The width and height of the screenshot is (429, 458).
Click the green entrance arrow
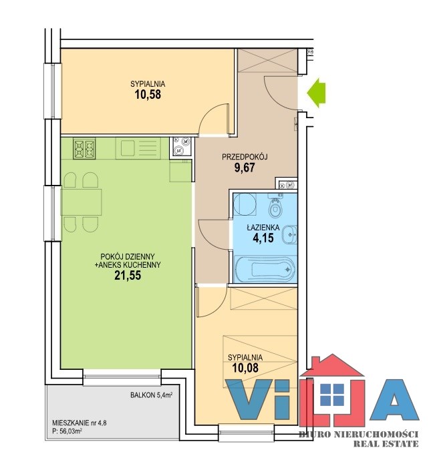tap(317, 93)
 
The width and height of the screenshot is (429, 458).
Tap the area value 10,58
tap(148, 95)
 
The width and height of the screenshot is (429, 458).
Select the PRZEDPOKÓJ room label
tap(245, 157)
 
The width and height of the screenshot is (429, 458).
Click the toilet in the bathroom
tap(275, 207)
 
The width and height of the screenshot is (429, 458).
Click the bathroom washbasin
tap(290, 234)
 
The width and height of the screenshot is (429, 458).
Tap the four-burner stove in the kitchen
tap(84, 149)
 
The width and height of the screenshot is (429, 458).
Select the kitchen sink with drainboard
tap(138, 148)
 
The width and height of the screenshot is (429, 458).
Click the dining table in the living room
tap(82, 202)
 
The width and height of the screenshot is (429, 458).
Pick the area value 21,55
tap(128, 275)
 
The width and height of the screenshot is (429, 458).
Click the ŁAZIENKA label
tap(263, 227)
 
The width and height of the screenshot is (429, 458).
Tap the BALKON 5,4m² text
tap(152, 395)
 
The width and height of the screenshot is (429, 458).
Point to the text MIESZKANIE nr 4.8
tap(80, 423)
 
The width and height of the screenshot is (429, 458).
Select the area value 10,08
tap(245, 368)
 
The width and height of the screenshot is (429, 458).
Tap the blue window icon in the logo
tap(332, 395)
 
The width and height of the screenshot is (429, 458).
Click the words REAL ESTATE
tap(386, 444)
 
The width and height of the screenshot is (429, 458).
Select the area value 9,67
tap(245, 168)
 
